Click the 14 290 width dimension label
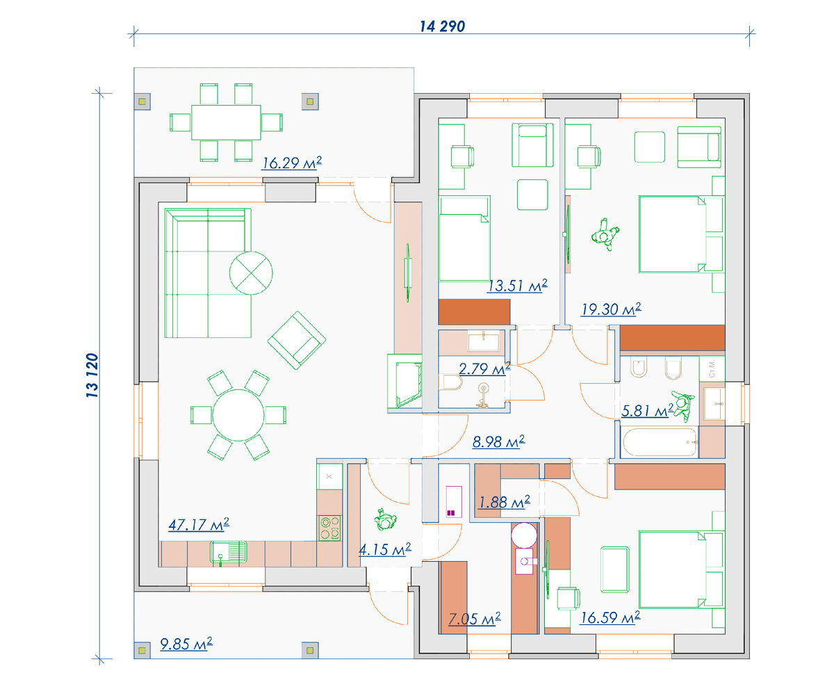[x=442, y=26]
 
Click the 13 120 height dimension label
[x=92, y=375]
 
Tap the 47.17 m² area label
[x=199, y=524]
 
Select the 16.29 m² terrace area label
[x=292, y=163]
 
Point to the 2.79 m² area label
[x=484, y=368]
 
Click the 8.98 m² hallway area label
[x=499, y=441]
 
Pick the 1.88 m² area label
[x=504, y=502]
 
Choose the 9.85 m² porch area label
[x=186, y=644]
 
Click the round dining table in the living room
[x=238, y=415]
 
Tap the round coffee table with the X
[x=251, y=273]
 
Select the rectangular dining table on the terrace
[x=226, y=122]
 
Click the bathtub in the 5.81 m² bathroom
[x=660, y=442]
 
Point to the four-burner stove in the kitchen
[x=329, y=528]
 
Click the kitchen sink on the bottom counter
[x=228, y=552]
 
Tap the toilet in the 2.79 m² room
[x=451, y=382]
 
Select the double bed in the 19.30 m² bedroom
[x=681, y=234]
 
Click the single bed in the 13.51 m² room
[x=464, y=238]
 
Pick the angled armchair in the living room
[x=297, y=340]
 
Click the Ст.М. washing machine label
[x=712, y=368]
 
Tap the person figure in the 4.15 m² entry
[x=385, y=519]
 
